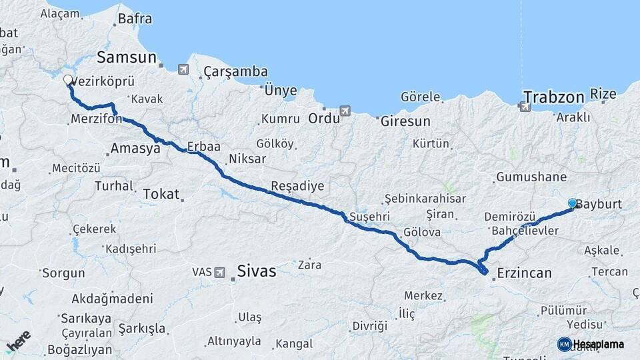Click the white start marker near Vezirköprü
point(68,81)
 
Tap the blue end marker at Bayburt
point(573,203)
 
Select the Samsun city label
point(126,57)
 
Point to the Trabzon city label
point(553,97)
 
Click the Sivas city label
point(256,271)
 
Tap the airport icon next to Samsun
point(183,69)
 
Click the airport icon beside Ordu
point(345,111)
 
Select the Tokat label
point(161,195)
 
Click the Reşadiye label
point(297,185)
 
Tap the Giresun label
point(405,122)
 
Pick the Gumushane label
point(531,177)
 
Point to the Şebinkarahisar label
point(425,199)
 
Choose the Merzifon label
point(95,119)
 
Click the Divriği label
point(369,326)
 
